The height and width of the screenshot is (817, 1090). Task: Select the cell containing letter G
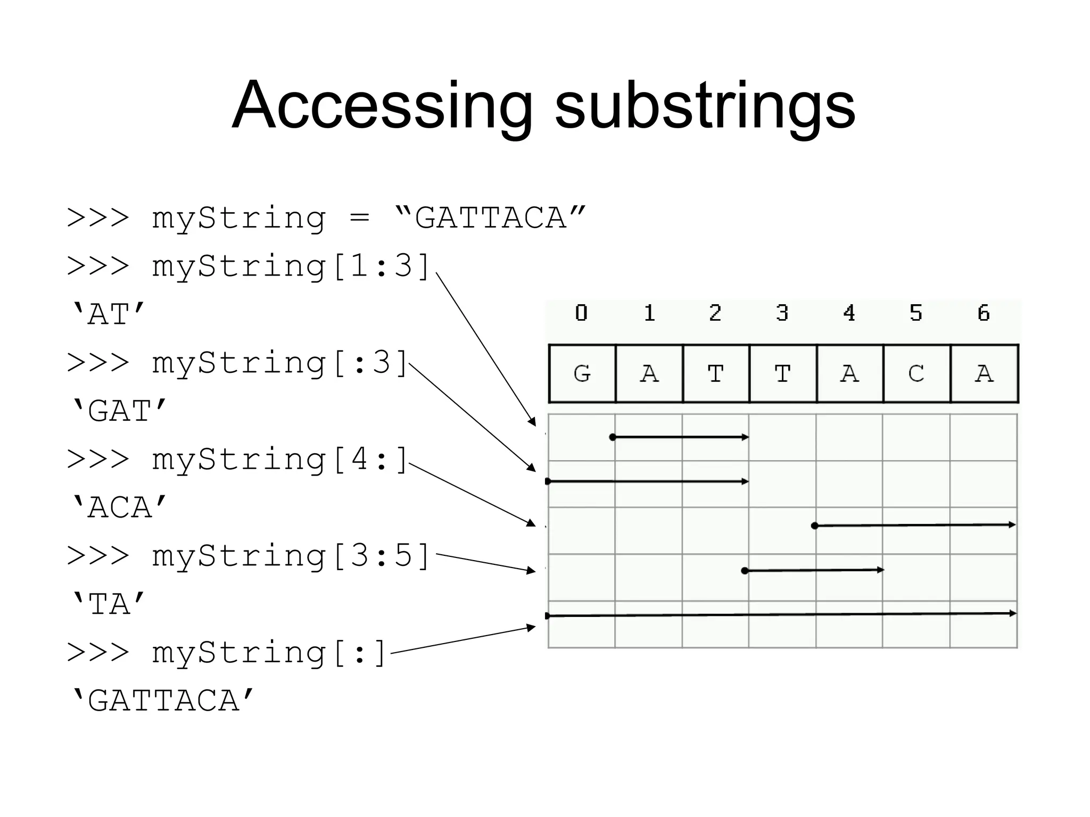(x=582, y=373)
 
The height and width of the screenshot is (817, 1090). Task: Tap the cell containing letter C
(x=916, y=373)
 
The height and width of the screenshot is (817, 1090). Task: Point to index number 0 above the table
(x=581, y=313)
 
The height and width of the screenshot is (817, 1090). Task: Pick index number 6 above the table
(x=984, y=313)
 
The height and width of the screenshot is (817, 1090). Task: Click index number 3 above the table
(x=782, y=313)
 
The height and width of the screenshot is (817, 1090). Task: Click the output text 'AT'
(x=108, y=314)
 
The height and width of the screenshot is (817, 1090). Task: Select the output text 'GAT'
(x=119, y=411)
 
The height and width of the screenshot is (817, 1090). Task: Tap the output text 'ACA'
(x=119, y=507)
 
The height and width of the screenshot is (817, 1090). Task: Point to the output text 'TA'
(x=108, y=604)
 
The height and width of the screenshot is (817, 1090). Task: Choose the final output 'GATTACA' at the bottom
(x=163, y=701)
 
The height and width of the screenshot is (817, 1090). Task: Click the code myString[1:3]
(x=291, y=266)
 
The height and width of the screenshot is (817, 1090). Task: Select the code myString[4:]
(x=280, y=460)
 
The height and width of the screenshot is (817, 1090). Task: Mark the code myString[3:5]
(x=291, y=556)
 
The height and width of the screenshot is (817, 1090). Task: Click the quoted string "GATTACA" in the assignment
(x=490, y=218)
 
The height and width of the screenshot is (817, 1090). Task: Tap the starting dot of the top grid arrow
(x=613, y=437)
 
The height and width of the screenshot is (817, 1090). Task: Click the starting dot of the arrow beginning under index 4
(x=815, y=526)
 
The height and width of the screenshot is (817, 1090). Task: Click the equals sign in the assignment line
(x=360, y=218)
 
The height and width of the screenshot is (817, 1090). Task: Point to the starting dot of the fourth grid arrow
(x=745, y=571)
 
